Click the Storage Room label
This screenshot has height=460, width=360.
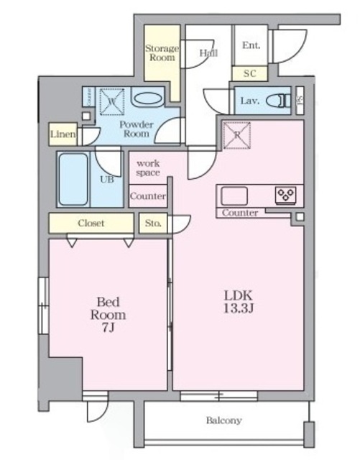[x=162, y=52]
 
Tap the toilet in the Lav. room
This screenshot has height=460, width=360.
[x=278, y=101]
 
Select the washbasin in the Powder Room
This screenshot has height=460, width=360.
[x=147, y=98]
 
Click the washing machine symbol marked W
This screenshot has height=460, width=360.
[x=112, y=101]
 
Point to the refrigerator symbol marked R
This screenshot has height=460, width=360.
[x=237, y=134]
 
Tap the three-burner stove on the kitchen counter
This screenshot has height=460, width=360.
[x=285, y=195]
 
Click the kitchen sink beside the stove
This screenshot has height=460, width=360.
[x=234, y=196]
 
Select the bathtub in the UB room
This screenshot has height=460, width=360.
[x=73, y=179]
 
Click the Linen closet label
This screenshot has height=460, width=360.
[x=63, y=134]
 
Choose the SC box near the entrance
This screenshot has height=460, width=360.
[x=249, y=73]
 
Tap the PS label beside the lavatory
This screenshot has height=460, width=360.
[x=300, y=101]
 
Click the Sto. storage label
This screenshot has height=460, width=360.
[x=153, y=224]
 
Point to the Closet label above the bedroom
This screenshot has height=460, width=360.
[x=91, y=223]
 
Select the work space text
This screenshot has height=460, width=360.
[x=148, y=167]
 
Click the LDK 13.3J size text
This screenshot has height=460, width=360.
[x=238, y=302]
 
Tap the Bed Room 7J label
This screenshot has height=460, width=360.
[x=109, y=314]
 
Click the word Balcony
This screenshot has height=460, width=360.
[x=224, y=420]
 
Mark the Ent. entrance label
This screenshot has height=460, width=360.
[x=251, y=45]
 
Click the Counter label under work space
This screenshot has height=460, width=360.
[x=147, y=196]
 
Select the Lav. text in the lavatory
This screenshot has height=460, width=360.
[x=250, y=101]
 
